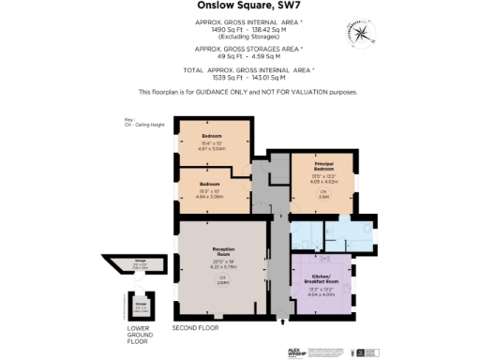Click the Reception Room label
[x=222, y=250]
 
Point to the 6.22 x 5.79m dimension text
[x=222, y=267]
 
